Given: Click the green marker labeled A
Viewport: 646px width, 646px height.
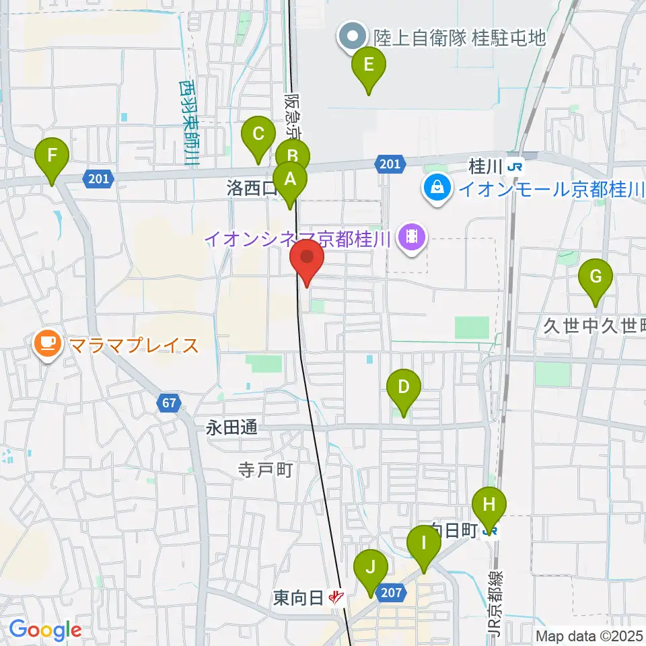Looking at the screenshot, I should tap(290, 180).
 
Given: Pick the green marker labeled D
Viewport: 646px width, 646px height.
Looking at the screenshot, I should tap(404, 388).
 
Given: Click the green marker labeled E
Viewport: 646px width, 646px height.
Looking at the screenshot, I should tap(368, 65).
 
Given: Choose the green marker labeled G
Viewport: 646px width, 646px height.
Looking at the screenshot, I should tap(596, 277).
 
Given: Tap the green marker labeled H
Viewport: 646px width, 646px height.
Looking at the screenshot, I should tap(489, 505).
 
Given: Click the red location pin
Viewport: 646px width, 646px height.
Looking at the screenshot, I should tap(307, 258).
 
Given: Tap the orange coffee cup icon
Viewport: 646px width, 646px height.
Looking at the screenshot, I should tap(46, 345).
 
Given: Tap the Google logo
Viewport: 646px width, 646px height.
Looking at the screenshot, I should tap(45, 630).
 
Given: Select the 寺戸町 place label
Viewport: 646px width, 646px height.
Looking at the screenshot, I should tap(265, 469).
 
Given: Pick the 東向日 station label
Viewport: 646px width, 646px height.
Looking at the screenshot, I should tap(298, 597).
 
